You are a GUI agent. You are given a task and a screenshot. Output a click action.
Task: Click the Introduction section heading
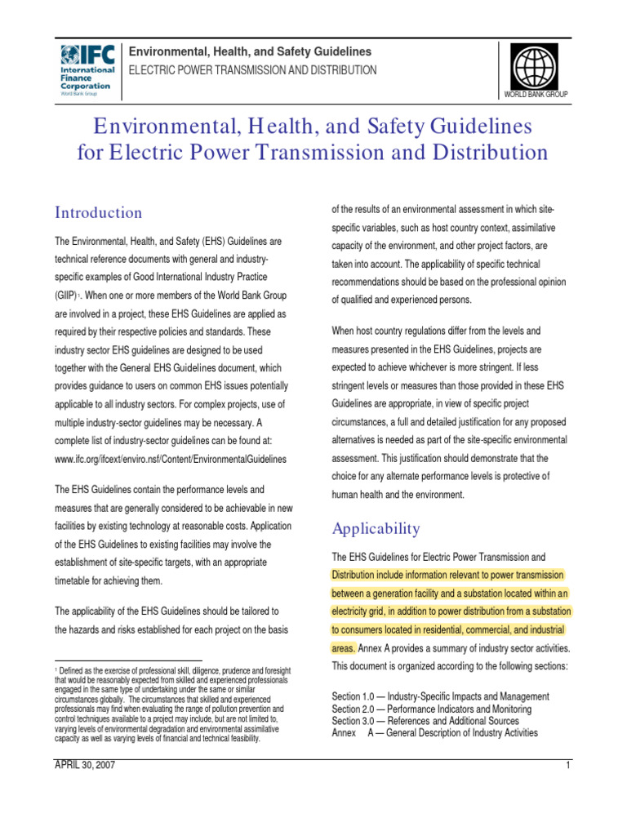click(x=98, y=213)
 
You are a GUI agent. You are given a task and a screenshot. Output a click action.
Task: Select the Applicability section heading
click(x=376, y=528)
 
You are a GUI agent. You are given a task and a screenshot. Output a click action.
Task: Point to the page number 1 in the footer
click(x=566, y=765)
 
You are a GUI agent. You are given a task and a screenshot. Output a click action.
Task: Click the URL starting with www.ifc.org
click(x=171, y=459)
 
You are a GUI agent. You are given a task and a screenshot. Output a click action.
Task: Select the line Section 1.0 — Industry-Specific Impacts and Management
click(x=441, y=696)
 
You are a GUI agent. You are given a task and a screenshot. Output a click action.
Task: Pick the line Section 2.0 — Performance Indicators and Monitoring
click(x=432, y=709)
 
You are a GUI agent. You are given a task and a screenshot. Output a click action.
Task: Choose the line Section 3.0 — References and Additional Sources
click(x=425, y=721)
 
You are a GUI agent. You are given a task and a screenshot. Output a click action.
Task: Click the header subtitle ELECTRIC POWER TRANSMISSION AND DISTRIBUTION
click(x=254, y=70)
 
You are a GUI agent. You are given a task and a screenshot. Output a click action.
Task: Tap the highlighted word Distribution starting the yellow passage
click(x=357, y=574)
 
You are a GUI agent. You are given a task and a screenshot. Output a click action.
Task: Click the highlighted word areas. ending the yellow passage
click(x=343, y=648)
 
